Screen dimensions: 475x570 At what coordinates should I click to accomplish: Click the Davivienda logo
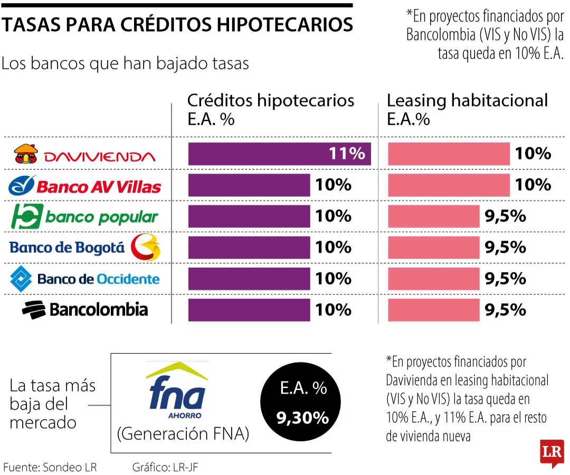pyautogui.click(x=84, y=154)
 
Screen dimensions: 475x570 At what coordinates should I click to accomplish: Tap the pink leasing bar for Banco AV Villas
pyautogui.click(x=449, y=185)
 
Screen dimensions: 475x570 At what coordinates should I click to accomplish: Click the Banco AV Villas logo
pyautogui.click(x=84, y=186)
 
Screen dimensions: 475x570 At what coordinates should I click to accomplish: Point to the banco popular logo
pyautogui.click(x=84, y=216)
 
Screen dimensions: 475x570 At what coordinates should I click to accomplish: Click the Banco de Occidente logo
pyautogui.click(x=84, y=279)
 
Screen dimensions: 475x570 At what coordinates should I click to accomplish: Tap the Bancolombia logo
pyautogui.click(x=84, y=309)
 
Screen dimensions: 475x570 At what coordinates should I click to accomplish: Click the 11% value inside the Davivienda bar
pyautogui.click(x=346, y=154)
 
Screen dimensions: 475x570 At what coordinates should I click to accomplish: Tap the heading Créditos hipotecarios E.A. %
pyautogui.click(x=271, y=109)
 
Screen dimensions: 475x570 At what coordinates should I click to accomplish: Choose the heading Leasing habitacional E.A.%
pyautogui.click(x=468, y=109)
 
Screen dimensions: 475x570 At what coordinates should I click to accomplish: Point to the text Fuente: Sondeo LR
pyautogui.click(x=50, y=467)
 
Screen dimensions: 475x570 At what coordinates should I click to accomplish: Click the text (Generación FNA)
pyautogui.click(x=183, y=434)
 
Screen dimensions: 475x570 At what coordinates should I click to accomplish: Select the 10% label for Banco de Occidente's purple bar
pyautogui.click(x=333, y=279)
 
